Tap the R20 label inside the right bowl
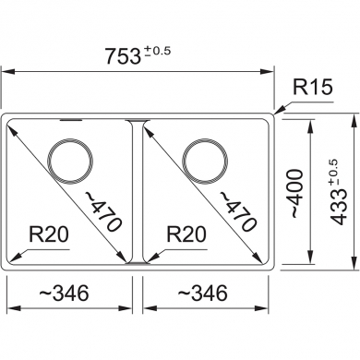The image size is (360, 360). coord(186,235)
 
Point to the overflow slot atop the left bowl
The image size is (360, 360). coord(69,120)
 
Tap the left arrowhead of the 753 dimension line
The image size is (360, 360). coord(6,69)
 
